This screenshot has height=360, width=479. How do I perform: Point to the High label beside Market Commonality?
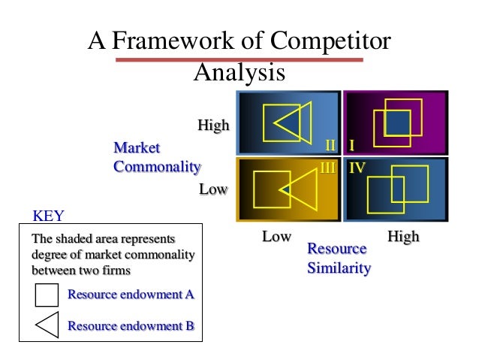coord(213,126)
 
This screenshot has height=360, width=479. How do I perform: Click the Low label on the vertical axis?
coord(213,189)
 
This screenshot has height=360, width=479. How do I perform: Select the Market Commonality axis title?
coord(156,157)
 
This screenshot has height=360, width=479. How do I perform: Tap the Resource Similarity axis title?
coord(338,258)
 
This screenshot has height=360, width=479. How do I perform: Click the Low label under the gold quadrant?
coord(276,237)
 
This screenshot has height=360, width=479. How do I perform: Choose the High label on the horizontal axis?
coord(403,237)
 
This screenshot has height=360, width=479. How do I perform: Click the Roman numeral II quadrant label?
coord(330,144)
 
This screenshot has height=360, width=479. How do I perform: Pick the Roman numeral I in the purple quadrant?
coord(351,144)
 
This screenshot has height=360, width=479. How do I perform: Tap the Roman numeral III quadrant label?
coord(327,168)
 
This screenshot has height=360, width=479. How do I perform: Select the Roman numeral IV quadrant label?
coord(357,168)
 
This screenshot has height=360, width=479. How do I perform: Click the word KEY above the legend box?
coord(49,216)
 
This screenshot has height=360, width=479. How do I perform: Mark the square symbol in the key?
coord(47,295)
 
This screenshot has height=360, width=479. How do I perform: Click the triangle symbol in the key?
coord(47,325)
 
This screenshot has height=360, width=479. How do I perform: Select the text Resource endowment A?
coord(131,295)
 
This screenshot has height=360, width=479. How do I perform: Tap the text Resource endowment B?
coord(131,325)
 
